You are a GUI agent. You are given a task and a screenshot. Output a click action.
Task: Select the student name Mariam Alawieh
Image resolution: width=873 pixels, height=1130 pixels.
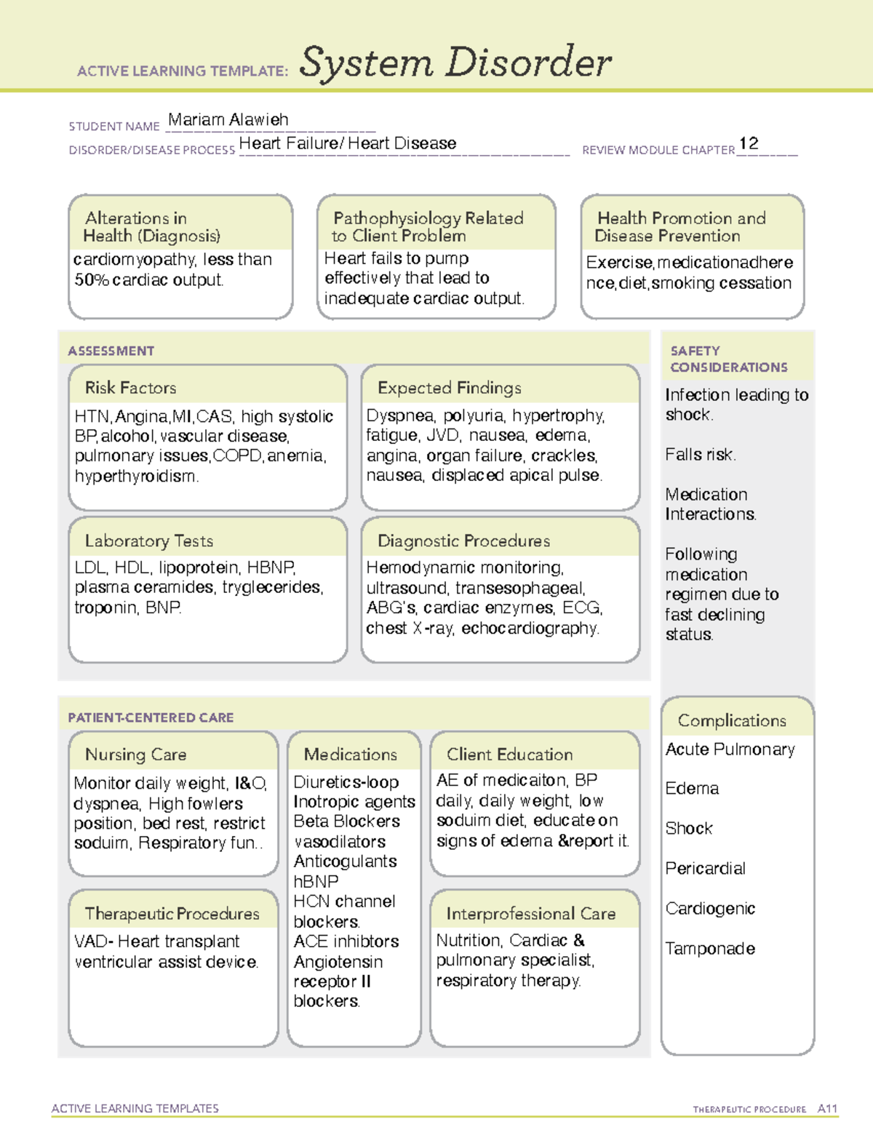point(228,119)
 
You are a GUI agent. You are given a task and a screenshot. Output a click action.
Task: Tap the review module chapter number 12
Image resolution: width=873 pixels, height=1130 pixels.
point(749,143)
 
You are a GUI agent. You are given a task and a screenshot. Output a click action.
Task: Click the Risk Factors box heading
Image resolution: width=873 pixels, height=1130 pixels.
point(130,388)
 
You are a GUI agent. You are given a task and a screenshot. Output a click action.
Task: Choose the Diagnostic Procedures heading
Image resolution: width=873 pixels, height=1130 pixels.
point(463,541)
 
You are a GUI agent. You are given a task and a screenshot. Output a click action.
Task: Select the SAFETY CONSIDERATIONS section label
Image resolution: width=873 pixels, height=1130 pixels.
point(728,359)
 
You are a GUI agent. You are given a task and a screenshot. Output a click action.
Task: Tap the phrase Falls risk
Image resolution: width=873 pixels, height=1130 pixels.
point(700,455)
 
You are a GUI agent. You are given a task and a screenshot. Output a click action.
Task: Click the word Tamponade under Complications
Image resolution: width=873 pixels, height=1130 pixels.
point(710,949)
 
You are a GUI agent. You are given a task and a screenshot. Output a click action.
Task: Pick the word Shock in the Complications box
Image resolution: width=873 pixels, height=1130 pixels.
point(689,829)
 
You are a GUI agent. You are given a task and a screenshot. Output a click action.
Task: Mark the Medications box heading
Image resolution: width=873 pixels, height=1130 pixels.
point(350,755)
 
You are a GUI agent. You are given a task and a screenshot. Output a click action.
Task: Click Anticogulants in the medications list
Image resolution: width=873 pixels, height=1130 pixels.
point(345,862)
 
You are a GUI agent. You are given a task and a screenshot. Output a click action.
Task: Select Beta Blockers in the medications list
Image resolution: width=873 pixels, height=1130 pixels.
point(346,821)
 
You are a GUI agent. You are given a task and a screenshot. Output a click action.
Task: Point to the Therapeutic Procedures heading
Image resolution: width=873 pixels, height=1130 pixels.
point(172,914)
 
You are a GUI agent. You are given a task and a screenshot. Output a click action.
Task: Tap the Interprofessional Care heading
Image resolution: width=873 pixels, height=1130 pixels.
point(530,914)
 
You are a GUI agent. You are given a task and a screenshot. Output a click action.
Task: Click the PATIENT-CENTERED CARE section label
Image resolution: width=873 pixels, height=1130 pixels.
point(151,717)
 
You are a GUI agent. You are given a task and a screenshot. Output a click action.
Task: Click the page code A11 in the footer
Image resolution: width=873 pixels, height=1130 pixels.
point(827,1109)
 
